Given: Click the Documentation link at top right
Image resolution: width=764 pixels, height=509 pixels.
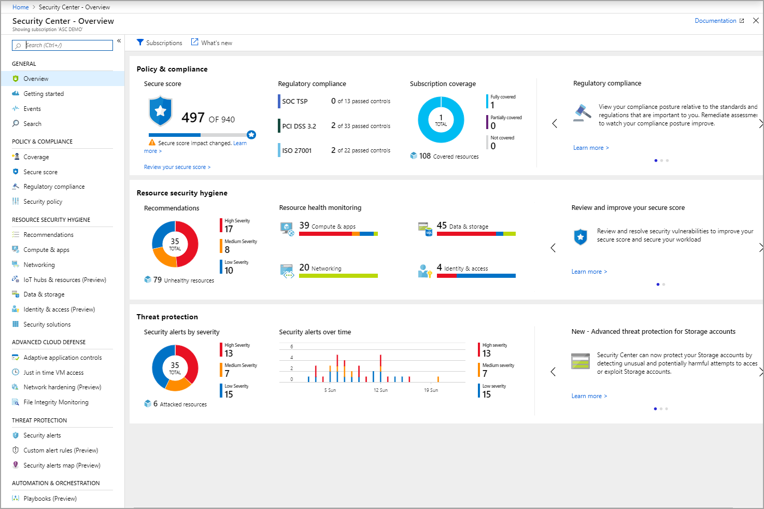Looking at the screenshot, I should pos(715,21).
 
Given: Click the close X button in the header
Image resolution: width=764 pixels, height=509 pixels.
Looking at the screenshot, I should pos(756,21).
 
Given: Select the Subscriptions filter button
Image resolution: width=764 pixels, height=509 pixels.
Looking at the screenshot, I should pos(159,43).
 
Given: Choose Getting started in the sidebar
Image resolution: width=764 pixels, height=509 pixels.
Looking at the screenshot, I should pos(44,94).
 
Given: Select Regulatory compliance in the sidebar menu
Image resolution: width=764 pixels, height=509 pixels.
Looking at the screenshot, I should pos(54,187).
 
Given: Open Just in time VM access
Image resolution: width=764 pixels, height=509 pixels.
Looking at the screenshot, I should pos(53,373).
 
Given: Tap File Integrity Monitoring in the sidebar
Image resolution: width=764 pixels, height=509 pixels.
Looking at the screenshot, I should pos(56,402).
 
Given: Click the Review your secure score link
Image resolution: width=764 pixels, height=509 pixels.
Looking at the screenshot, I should pos(177,167).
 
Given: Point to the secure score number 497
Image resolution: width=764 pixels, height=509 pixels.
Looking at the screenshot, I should pos(193,118).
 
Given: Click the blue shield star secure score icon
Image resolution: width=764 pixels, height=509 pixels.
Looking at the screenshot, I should pos(161,110).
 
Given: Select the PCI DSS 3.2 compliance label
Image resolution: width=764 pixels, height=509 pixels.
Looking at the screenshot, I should pos(299,126).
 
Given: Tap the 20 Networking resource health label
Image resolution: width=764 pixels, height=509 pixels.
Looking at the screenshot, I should pos(320,268).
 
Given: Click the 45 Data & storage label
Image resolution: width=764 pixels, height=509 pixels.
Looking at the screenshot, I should pos(462,226).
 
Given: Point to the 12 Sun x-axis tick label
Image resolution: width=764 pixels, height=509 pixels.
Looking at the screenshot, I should pos(380,390).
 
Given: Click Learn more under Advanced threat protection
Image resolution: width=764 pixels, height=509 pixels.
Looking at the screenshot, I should pos(589,396).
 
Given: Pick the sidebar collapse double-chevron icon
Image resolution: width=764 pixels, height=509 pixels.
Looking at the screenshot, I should pos(119,40).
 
